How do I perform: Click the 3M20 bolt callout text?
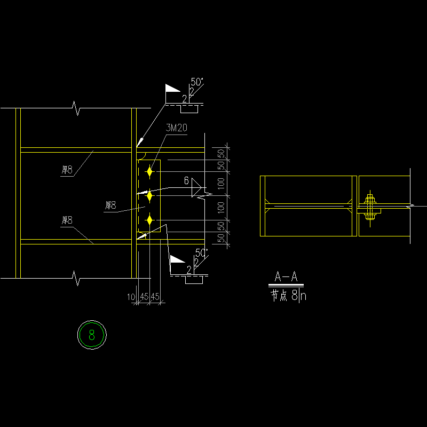click(x=176, y=128)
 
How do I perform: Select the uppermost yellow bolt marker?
click(x=150, y=171)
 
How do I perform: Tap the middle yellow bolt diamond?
click(x=149, y=196)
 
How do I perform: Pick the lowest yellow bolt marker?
click(x=150, y=220)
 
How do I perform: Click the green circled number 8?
click(x=92, y=335)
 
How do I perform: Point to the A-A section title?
click(x=286, y=277)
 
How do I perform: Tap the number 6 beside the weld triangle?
click(x=186, y=181)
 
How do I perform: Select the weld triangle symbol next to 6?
click(x=196, y=187)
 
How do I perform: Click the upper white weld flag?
click(x=172, y=89)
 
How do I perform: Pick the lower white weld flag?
click(x=177, y=259)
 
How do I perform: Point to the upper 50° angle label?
click(x=197, y=82)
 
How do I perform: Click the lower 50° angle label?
click(x=201, y=252)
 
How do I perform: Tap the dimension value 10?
click(x=131, y=296)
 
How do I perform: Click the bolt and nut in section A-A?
click(x=369, y=206)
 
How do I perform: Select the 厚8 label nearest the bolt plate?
click(x=110, y=205)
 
